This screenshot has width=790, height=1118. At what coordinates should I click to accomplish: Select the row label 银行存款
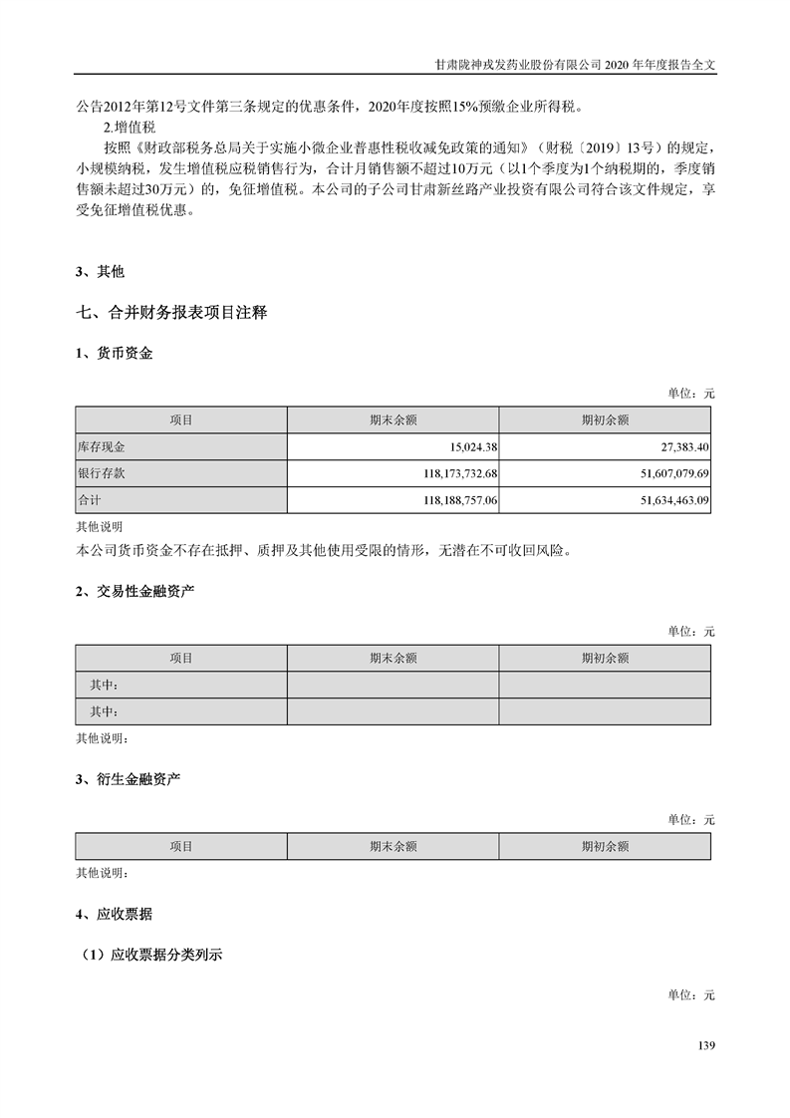[x=102, y=473]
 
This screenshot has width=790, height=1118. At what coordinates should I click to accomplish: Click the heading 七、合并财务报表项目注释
[x=171, y=313]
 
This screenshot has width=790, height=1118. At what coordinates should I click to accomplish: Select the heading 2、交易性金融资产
[x=135, y=592]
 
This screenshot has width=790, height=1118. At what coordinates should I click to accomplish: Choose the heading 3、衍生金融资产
[x=129, y=778]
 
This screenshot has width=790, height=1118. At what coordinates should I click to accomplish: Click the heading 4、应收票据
[x=115, y=913]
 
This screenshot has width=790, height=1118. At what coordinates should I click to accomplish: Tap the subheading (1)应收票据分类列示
[x=151, y=955]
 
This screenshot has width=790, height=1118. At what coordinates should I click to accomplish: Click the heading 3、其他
[x=101, y=271]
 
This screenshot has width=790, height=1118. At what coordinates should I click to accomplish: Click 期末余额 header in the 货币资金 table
[x=393, y=420]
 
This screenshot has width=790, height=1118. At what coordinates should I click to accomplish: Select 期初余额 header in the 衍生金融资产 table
[x=605, y=846]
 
